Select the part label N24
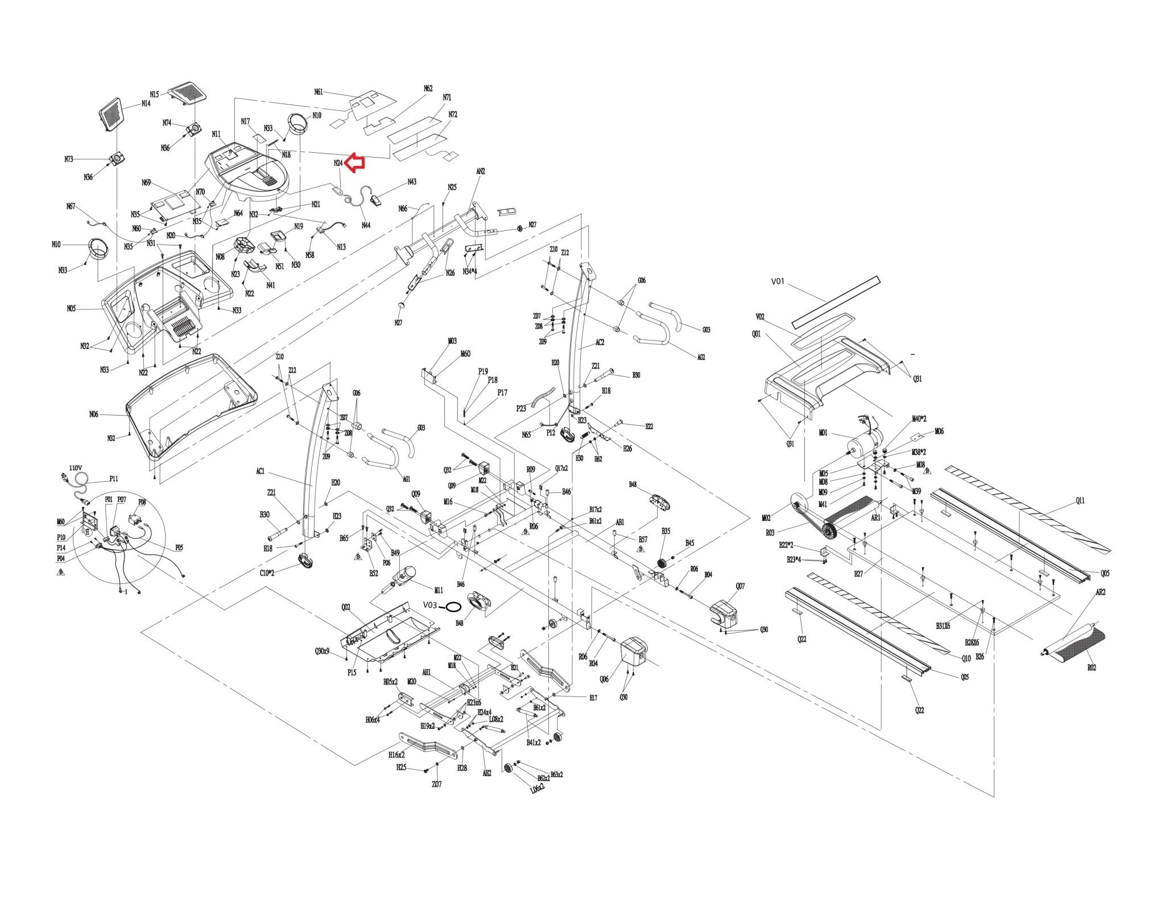338,163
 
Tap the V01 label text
778,281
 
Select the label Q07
740,586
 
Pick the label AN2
481,171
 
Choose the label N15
154,94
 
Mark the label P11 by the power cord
114,479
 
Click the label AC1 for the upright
261,471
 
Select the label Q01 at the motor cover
756,334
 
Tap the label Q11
1080,500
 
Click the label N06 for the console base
94,414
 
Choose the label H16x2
396,755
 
